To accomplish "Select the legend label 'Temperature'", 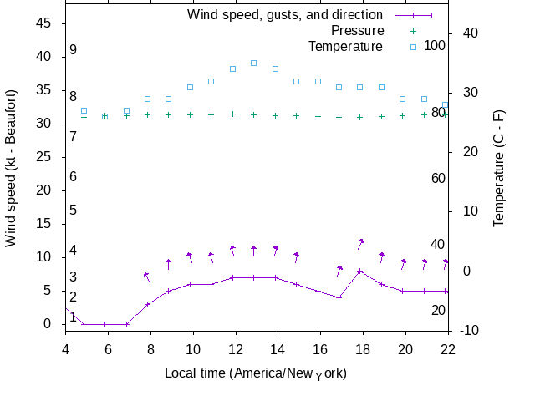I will pos(344,46).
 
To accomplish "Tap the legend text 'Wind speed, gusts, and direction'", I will pos(285,14).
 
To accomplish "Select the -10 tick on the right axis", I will pos(470,331).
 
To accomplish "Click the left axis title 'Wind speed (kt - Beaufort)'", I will pos(11,180).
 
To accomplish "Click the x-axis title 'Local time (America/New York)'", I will pos(256,373).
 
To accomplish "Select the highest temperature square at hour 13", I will pos(253,63).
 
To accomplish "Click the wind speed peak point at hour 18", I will pos(359,271).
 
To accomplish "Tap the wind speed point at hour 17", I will pos(339,297).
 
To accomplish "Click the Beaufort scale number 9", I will pos(74,50).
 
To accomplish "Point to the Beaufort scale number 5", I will pos(74,211).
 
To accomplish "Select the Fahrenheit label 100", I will pos(435,45).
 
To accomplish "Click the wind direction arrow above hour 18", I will pos(360,243).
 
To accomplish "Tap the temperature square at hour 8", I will pos(147,99).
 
